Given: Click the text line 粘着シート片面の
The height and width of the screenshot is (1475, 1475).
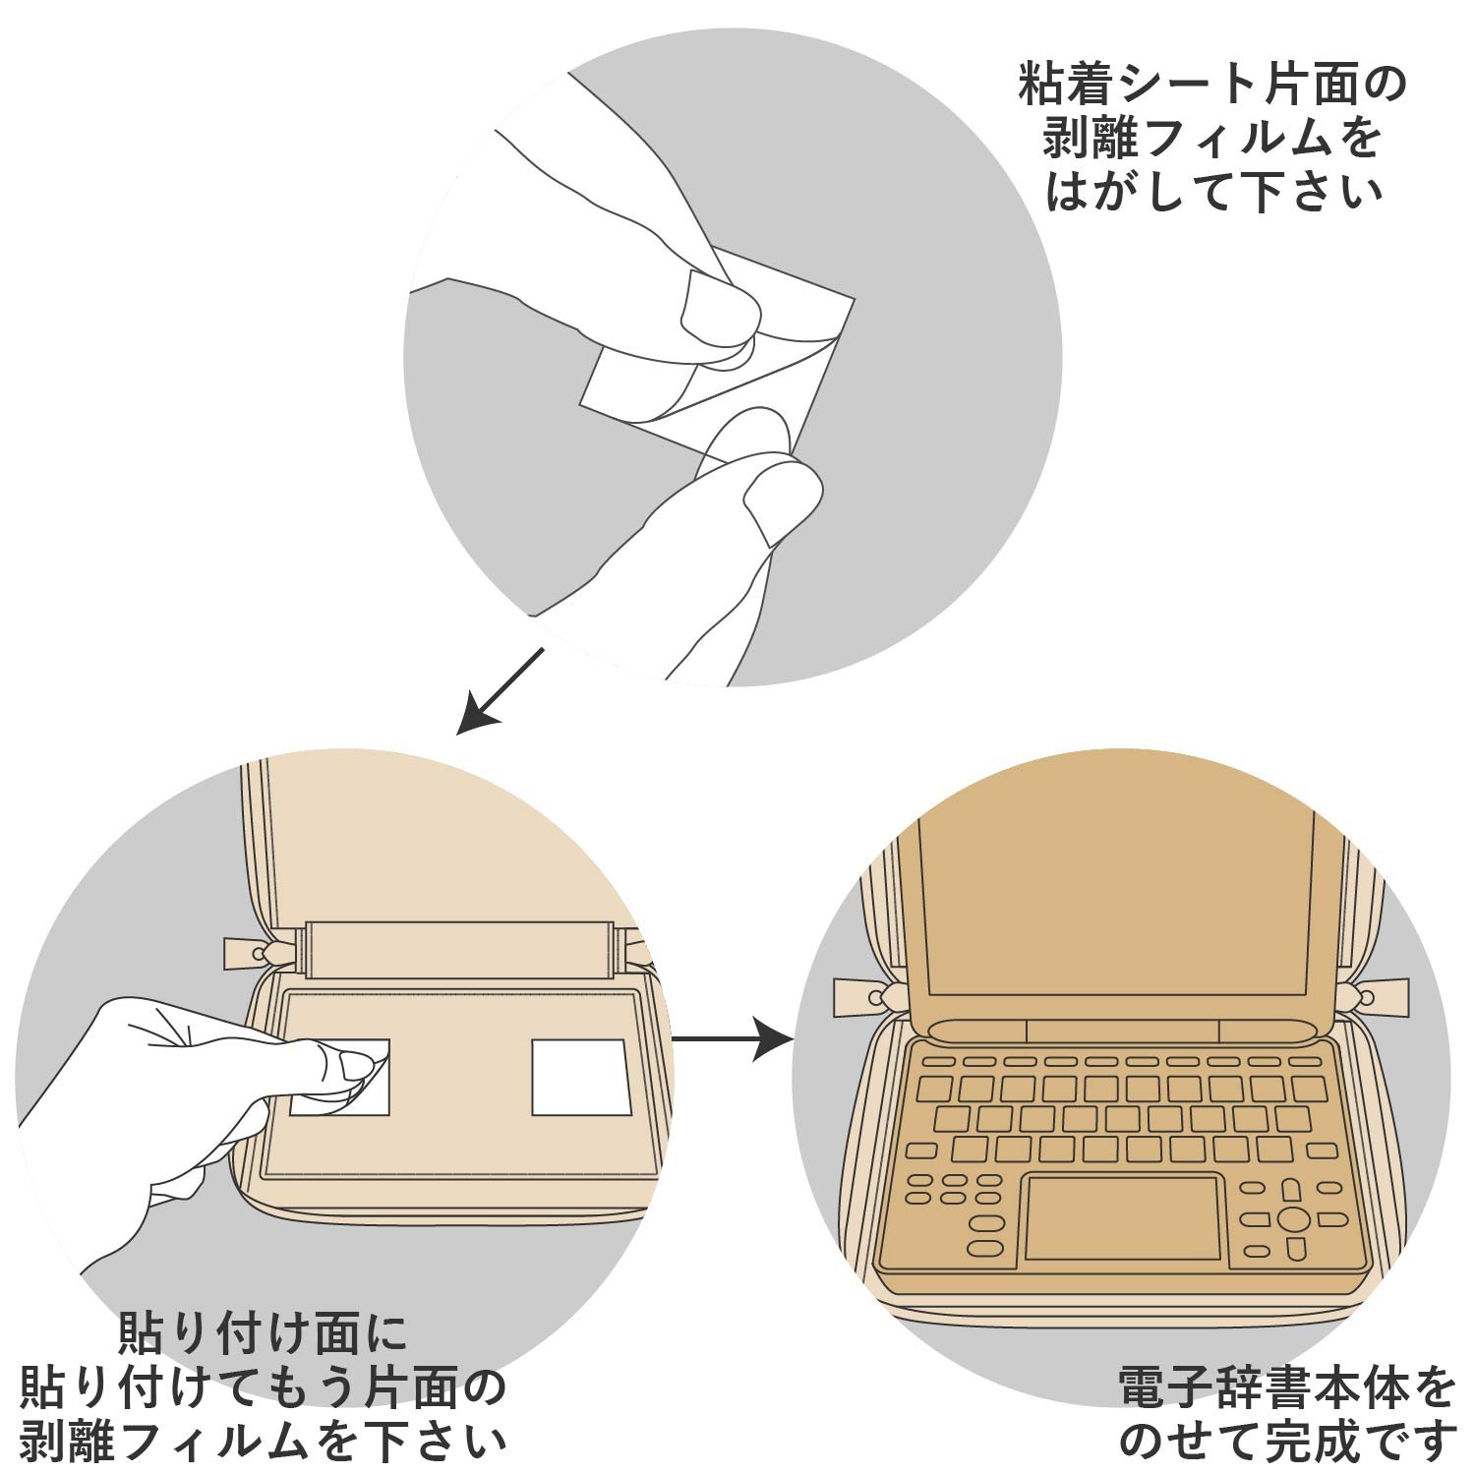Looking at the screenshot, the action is coord(1212,86).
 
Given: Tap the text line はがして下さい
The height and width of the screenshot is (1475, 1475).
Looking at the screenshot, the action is coord(1213,191).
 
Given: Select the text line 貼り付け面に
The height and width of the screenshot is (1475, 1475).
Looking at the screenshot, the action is coord(263,1334).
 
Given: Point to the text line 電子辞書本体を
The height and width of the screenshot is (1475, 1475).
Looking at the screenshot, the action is coord(1287,1388).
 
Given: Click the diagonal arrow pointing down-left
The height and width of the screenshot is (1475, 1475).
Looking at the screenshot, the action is coord(501,690).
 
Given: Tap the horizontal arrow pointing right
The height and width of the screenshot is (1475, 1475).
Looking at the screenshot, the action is coord(733,1038).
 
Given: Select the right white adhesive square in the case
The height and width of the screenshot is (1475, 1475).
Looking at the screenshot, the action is coord(579,1077).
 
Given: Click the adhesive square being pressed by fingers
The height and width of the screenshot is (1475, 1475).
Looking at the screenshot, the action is coord(340,1077).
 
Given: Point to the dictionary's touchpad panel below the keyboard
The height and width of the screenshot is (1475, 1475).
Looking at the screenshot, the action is coord(1123,1217).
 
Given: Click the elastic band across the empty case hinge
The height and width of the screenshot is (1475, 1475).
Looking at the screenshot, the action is coord(460,951).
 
